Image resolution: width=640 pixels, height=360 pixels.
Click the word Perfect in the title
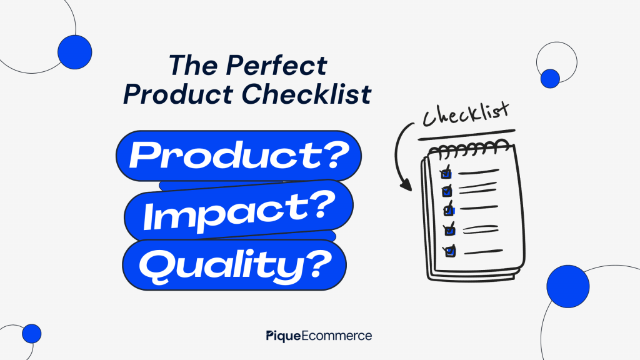276,65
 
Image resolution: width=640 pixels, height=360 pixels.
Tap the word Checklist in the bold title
306,94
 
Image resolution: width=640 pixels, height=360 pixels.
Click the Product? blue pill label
239,156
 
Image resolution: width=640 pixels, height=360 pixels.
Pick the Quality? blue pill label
234,265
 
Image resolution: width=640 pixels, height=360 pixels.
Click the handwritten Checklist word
466,114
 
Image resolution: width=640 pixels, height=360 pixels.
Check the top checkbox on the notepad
446,172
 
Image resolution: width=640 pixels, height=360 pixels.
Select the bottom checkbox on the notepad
450,251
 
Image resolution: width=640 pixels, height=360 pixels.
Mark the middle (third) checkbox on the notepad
449,209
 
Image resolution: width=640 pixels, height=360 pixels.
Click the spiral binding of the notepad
469,149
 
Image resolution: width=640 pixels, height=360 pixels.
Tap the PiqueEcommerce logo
319,336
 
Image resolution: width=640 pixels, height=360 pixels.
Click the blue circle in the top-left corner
75,52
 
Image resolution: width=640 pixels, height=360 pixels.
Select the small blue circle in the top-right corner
550,78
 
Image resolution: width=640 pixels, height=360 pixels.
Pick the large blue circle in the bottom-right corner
567,286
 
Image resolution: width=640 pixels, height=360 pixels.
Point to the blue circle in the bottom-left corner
31,334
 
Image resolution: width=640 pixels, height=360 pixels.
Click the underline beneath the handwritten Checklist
466,135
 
